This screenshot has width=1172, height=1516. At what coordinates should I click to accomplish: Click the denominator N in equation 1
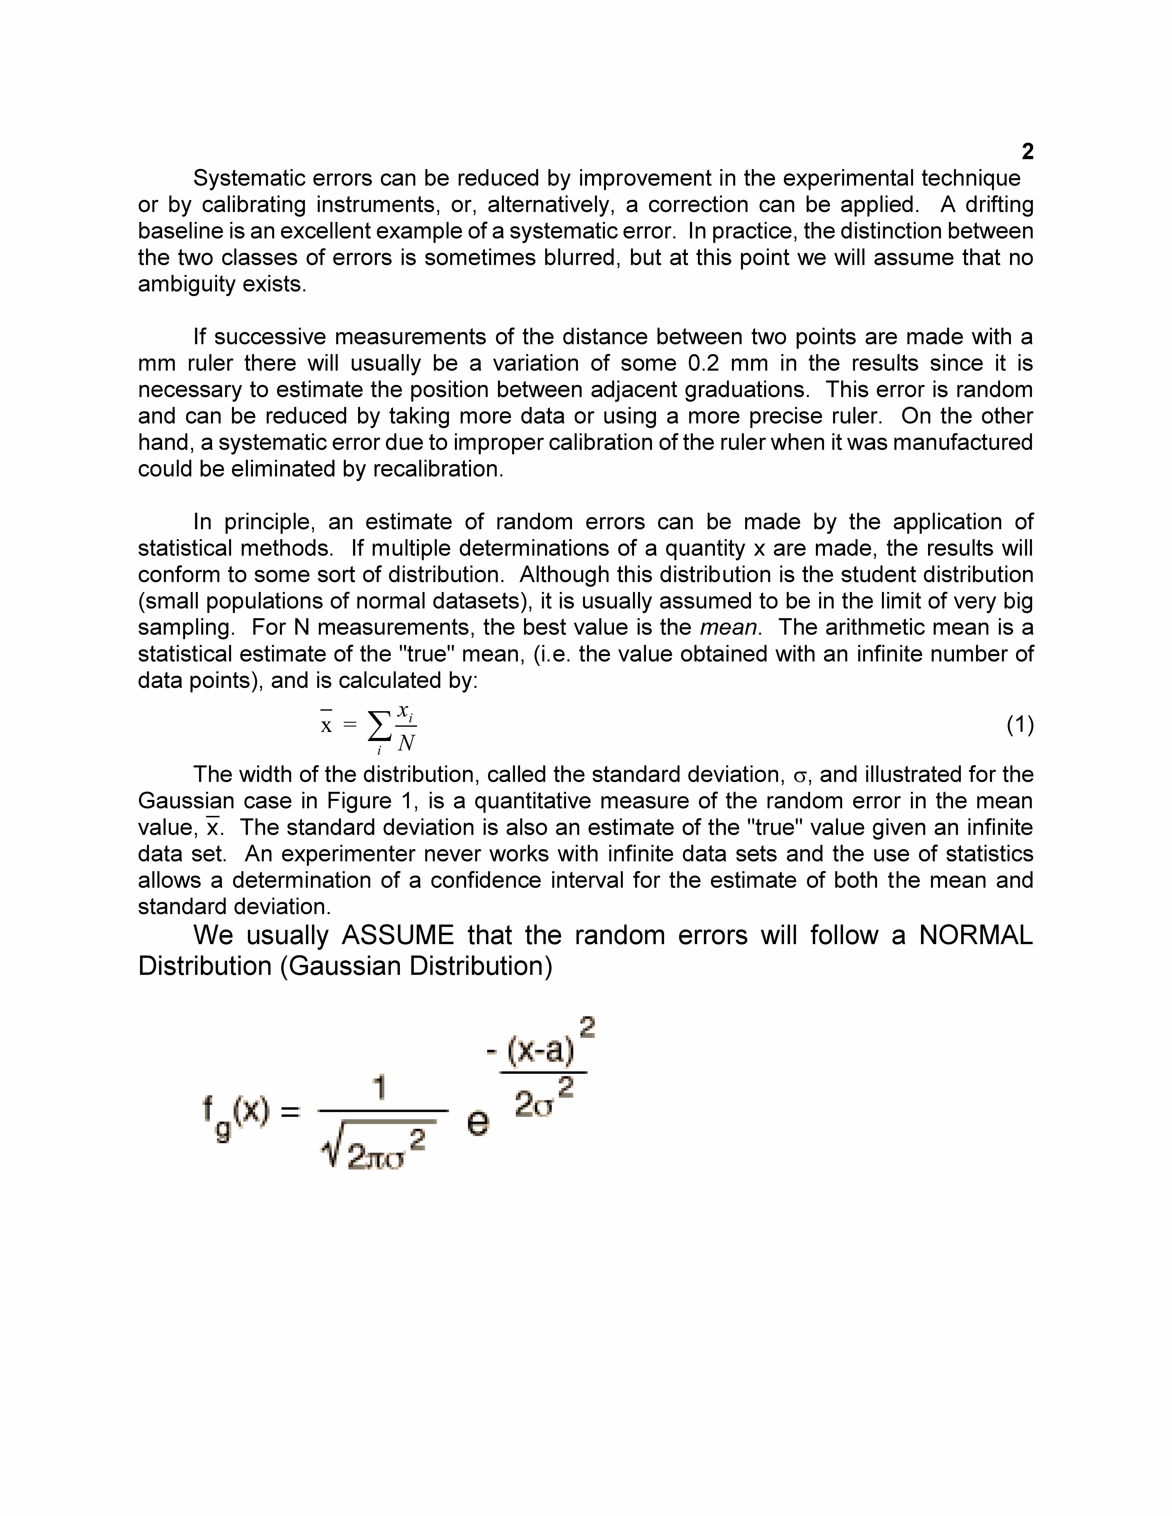point(407,743)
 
